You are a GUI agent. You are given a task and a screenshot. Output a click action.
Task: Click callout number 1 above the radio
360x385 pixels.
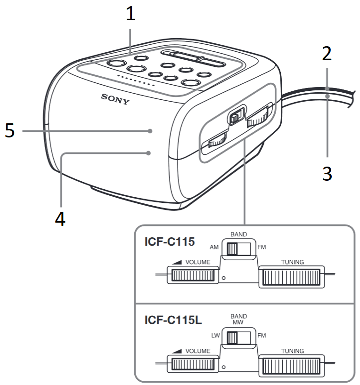(130, 14)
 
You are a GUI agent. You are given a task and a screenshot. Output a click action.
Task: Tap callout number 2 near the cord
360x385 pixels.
(327, 56)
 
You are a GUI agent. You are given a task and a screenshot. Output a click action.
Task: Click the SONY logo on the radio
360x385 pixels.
(115, 99)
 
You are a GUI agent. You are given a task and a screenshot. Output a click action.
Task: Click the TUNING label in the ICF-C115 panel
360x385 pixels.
(292, 261)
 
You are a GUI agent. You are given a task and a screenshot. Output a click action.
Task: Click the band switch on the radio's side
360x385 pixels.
(237, 116)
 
